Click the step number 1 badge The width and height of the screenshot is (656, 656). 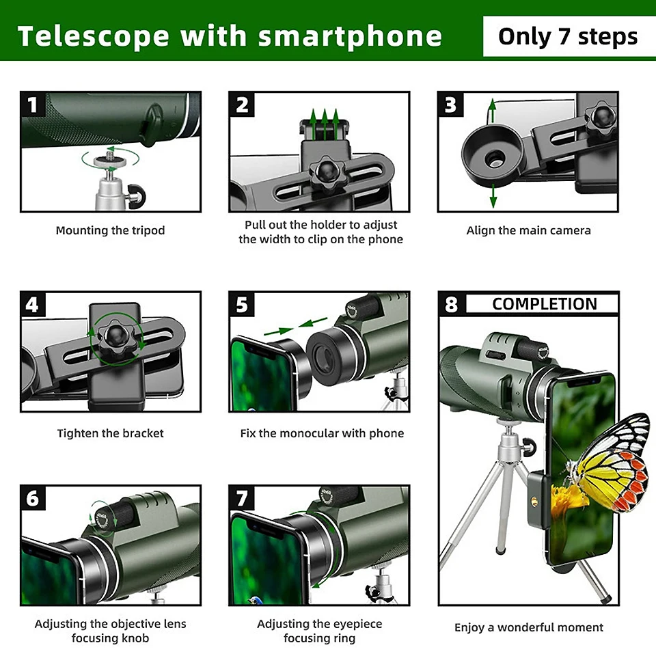click(x=33, y=105)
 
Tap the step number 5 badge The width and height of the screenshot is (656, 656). click(x=242, y=305)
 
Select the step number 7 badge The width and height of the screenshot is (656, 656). click(x=242, y=498)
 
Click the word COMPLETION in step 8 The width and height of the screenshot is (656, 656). click(x=544, y=304)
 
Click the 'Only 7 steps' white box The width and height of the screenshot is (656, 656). click(x=568, y=36)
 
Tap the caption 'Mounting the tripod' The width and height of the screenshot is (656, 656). click(x=110, y=231)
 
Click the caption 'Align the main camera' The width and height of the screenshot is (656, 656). click(x=528, y=231)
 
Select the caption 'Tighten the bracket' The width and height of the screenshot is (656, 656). click(x=110, y=433)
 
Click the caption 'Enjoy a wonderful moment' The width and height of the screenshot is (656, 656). click(x=529, y=627)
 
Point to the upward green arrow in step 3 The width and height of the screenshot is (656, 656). click(x=492, y=109)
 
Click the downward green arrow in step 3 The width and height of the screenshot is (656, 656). click(x=492, y=197)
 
